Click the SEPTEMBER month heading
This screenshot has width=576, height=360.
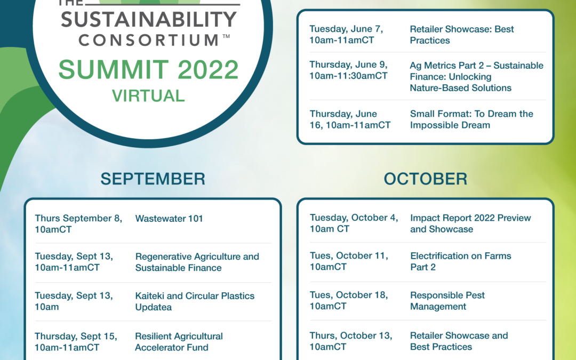point(153,179)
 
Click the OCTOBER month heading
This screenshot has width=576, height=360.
point(426,179)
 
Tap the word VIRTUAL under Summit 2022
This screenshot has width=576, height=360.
point(148,96)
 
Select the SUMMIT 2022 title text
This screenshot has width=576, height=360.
point(148,69)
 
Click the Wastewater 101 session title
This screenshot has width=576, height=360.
point(169,219)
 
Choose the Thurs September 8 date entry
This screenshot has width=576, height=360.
point(78,223)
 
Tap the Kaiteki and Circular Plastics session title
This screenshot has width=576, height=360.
point(195,301)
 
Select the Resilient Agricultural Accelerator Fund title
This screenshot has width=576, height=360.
point(179,342)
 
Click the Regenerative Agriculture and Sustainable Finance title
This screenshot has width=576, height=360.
point(197,262)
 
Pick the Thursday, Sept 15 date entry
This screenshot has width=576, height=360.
point(76,342)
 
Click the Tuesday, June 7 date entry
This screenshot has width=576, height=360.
point(346,35)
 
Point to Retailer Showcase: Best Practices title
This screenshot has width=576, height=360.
point(462,35)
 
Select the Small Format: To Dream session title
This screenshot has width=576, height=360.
point(471,119)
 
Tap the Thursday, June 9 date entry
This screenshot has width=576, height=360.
point(348,70)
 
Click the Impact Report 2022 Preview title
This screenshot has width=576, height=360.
point(470,223)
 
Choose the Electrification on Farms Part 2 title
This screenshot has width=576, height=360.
point(461,261)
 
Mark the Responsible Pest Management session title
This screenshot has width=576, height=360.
point(447,301)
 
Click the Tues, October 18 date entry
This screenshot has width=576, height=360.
point(349,300)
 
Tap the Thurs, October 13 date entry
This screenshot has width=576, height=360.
point(351,341)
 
